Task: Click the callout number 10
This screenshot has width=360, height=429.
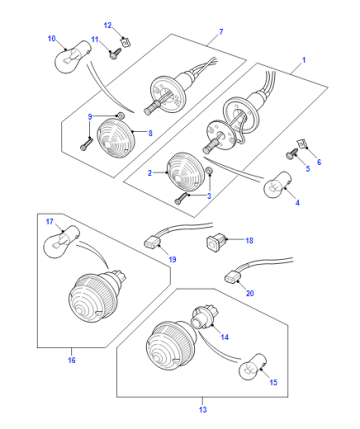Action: (52, 39)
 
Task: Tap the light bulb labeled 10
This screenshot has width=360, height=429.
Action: (72, 56)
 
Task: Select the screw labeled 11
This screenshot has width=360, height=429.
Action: (115, 54)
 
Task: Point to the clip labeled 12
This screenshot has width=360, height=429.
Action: (125, 42)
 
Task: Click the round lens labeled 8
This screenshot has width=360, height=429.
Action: (115, 137)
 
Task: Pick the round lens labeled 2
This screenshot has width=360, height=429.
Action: (186, 171)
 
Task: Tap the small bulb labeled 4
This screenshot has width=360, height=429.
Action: (275, 185)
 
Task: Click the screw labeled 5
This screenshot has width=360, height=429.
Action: (291, 156)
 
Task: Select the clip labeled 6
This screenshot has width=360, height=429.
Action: (303, 144)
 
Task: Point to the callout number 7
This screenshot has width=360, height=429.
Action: (221, 32)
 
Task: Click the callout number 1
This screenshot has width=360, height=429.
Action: (304, 60)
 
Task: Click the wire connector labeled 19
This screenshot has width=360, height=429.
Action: (152, 242)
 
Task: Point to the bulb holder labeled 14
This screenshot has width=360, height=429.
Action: (203, 317)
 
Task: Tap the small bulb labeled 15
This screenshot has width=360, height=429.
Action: (253, 369)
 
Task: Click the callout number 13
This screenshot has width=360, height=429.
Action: (203, 409)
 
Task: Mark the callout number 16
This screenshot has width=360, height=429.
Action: (72, 360)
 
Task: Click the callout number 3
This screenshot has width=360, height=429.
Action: (209, 196)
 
